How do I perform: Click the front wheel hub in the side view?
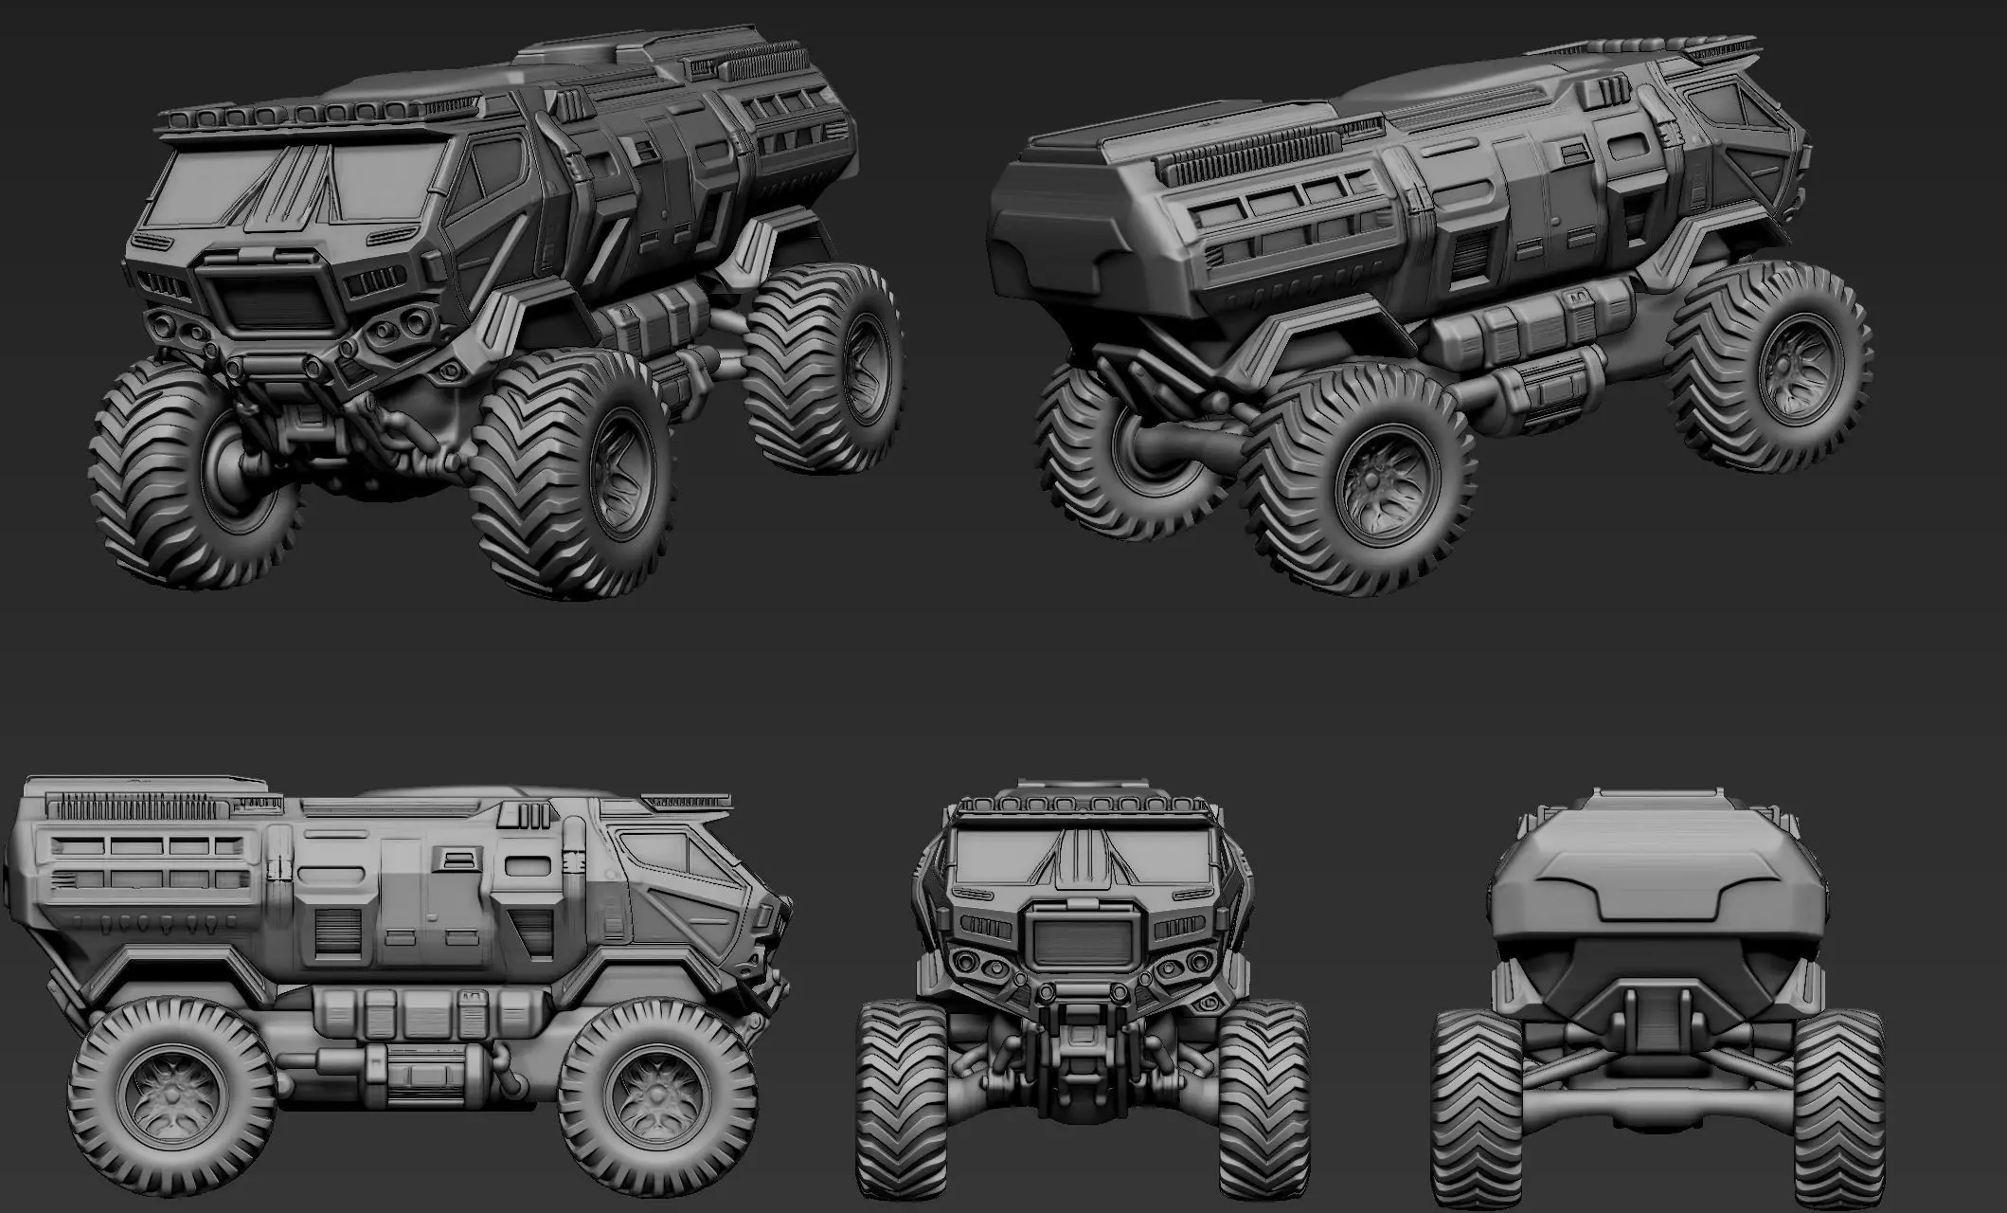(654, 1095)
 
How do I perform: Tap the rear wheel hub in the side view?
(172, 1095)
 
